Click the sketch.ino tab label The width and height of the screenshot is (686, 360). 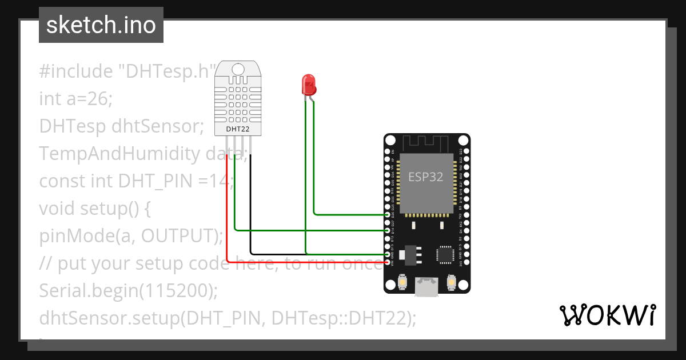(x=101, y=25)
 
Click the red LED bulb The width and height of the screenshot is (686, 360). (x=308, y=85)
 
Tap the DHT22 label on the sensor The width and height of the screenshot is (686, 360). (x=238, y=129)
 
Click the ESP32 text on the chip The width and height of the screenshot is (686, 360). (x=425, y=177)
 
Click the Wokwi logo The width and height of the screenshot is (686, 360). (x=607, y=315)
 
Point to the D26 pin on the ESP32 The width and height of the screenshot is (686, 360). (x=388, y=215)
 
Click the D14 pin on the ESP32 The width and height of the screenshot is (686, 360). (x=388, y=230)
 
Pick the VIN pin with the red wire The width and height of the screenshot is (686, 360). (x=388, y=262)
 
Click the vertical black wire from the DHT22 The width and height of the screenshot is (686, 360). (x=250, y=206)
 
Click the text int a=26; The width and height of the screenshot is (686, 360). (x=75, y=99)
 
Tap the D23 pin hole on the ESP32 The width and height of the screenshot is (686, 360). (x=464, y=151)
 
